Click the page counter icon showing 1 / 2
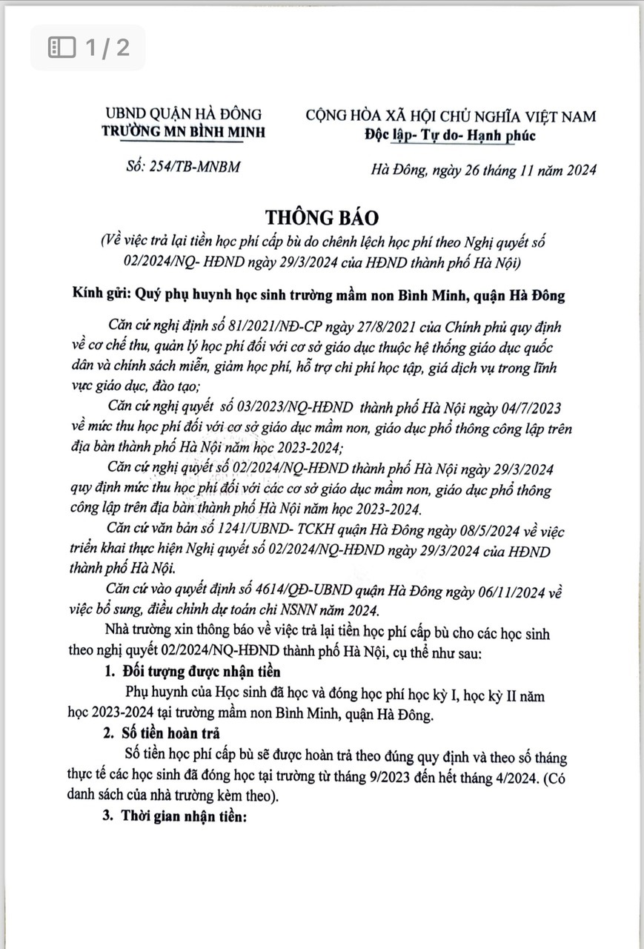[62, 48]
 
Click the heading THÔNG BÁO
[323, 218]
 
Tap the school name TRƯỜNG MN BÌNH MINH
[182, 133]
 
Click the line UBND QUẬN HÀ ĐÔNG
[182, 115]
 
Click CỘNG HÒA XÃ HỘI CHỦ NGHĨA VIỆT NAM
[450, 116]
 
